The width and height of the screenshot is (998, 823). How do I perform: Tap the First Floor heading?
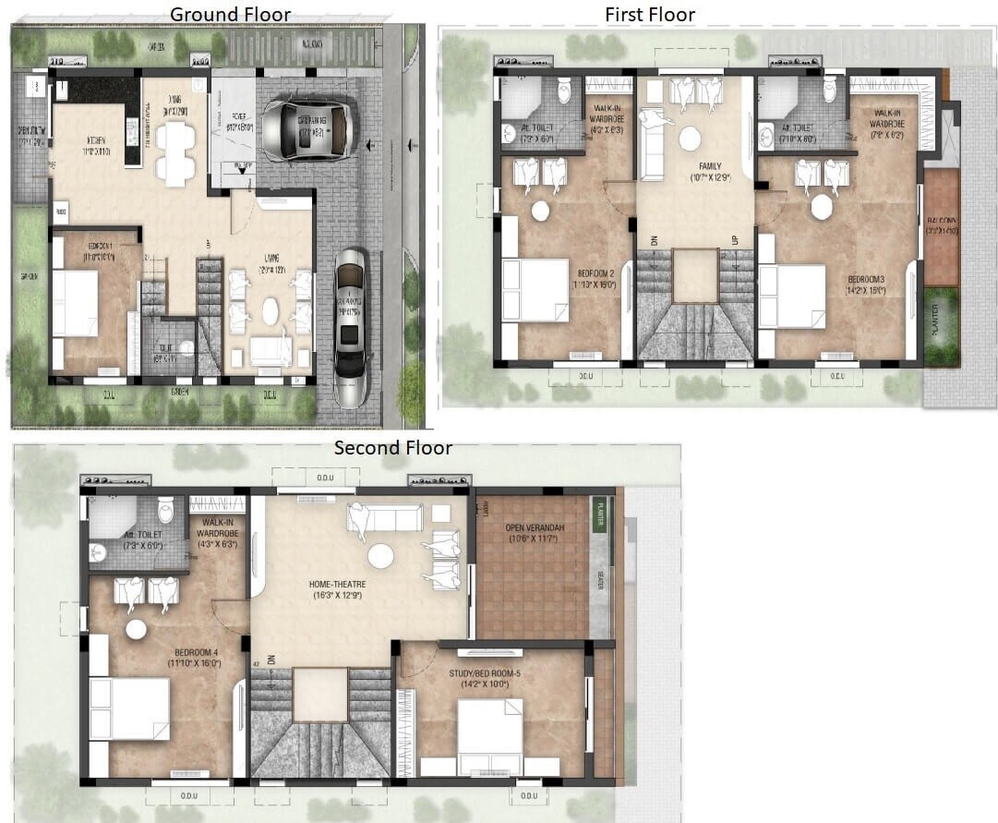pyautogui.click(x=650, y=14)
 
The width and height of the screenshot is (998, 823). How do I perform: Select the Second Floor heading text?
pyautogui.click(x=393, y=448)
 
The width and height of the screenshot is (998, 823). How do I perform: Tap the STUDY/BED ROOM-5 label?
pyautogui.click(x=485, y=674)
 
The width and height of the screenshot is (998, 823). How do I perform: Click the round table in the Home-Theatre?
pyautogui.click(x=381, y=556)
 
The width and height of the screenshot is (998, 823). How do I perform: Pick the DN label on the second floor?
pyautogui.click(x=272, y=659)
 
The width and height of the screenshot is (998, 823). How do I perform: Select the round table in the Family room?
pyautogui.click(x=690, y=139)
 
